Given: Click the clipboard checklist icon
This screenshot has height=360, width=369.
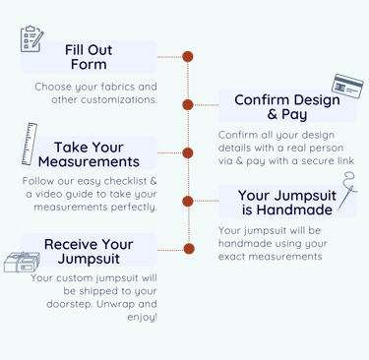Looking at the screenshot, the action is (x=31, y=38).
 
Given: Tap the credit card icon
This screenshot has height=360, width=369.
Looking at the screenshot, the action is (x=347, y=87).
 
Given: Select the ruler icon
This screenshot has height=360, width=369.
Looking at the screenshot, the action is (x=30, y=144).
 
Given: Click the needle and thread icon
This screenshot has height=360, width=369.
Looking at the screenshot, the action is (x=347, y=191).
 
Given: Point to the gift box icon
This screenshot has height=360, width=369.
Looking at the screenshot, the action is (x=22, y=262).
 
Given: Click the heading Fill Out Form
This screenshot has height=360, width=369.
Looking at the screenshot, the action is (x=89, y=57).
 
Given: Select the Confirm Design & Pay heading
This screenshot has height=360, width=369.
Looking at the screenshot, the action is (x=287, y=107).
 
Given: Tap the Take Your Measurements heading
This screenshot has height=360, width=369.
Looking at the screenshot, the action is (x=89, y=154).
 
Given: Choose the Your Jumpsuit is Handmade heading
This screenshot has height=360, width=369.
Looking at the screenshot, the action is (x=287, y=203).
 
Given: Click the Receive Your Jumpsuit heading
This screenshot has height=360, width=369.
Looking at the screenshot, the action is (x=89, y=251).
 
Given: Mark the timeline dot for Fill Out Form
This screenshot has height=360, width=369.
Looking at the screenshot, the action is (x=188, y=57).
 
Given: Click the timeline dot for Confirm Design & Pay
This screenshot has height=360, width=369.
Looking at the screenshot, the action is (x=188, y=105).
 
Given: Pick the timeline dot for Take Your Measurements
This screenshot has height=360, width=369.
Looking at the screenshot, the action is (x=188, y=152).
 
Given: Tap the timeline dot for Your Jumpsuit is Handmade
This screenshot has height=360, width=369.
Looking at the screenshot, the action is (x=188, y=201).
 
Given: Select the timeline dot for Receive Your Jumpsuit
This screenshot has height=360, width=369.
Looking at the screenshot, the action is (x=189, y=249).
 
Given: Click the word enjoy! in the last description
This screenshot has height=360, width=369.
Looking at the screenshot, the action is (x=142, y=317).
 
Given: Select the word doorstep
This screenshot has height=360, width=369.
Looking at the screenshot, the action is (x=70, y=304).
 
